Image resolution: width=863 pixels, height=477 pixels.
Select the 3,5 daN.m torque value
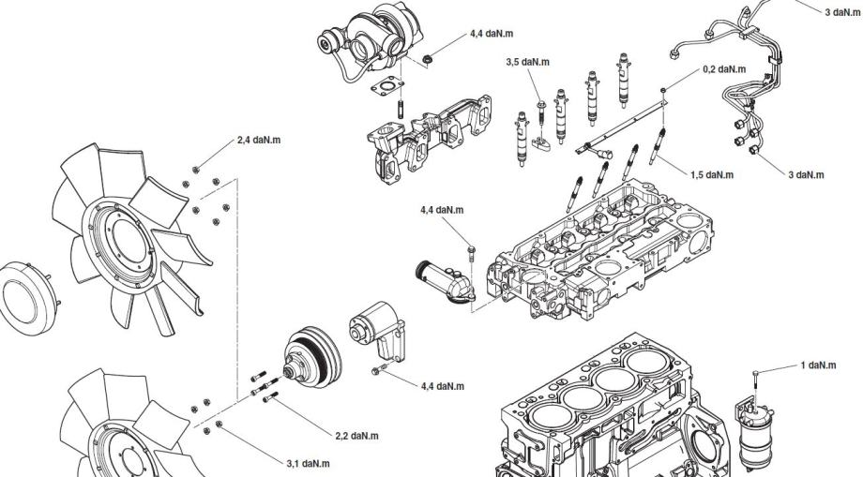[526, 63]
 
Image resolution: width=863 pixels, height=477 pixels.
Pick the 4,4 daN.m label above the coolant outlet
[443, 209]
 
